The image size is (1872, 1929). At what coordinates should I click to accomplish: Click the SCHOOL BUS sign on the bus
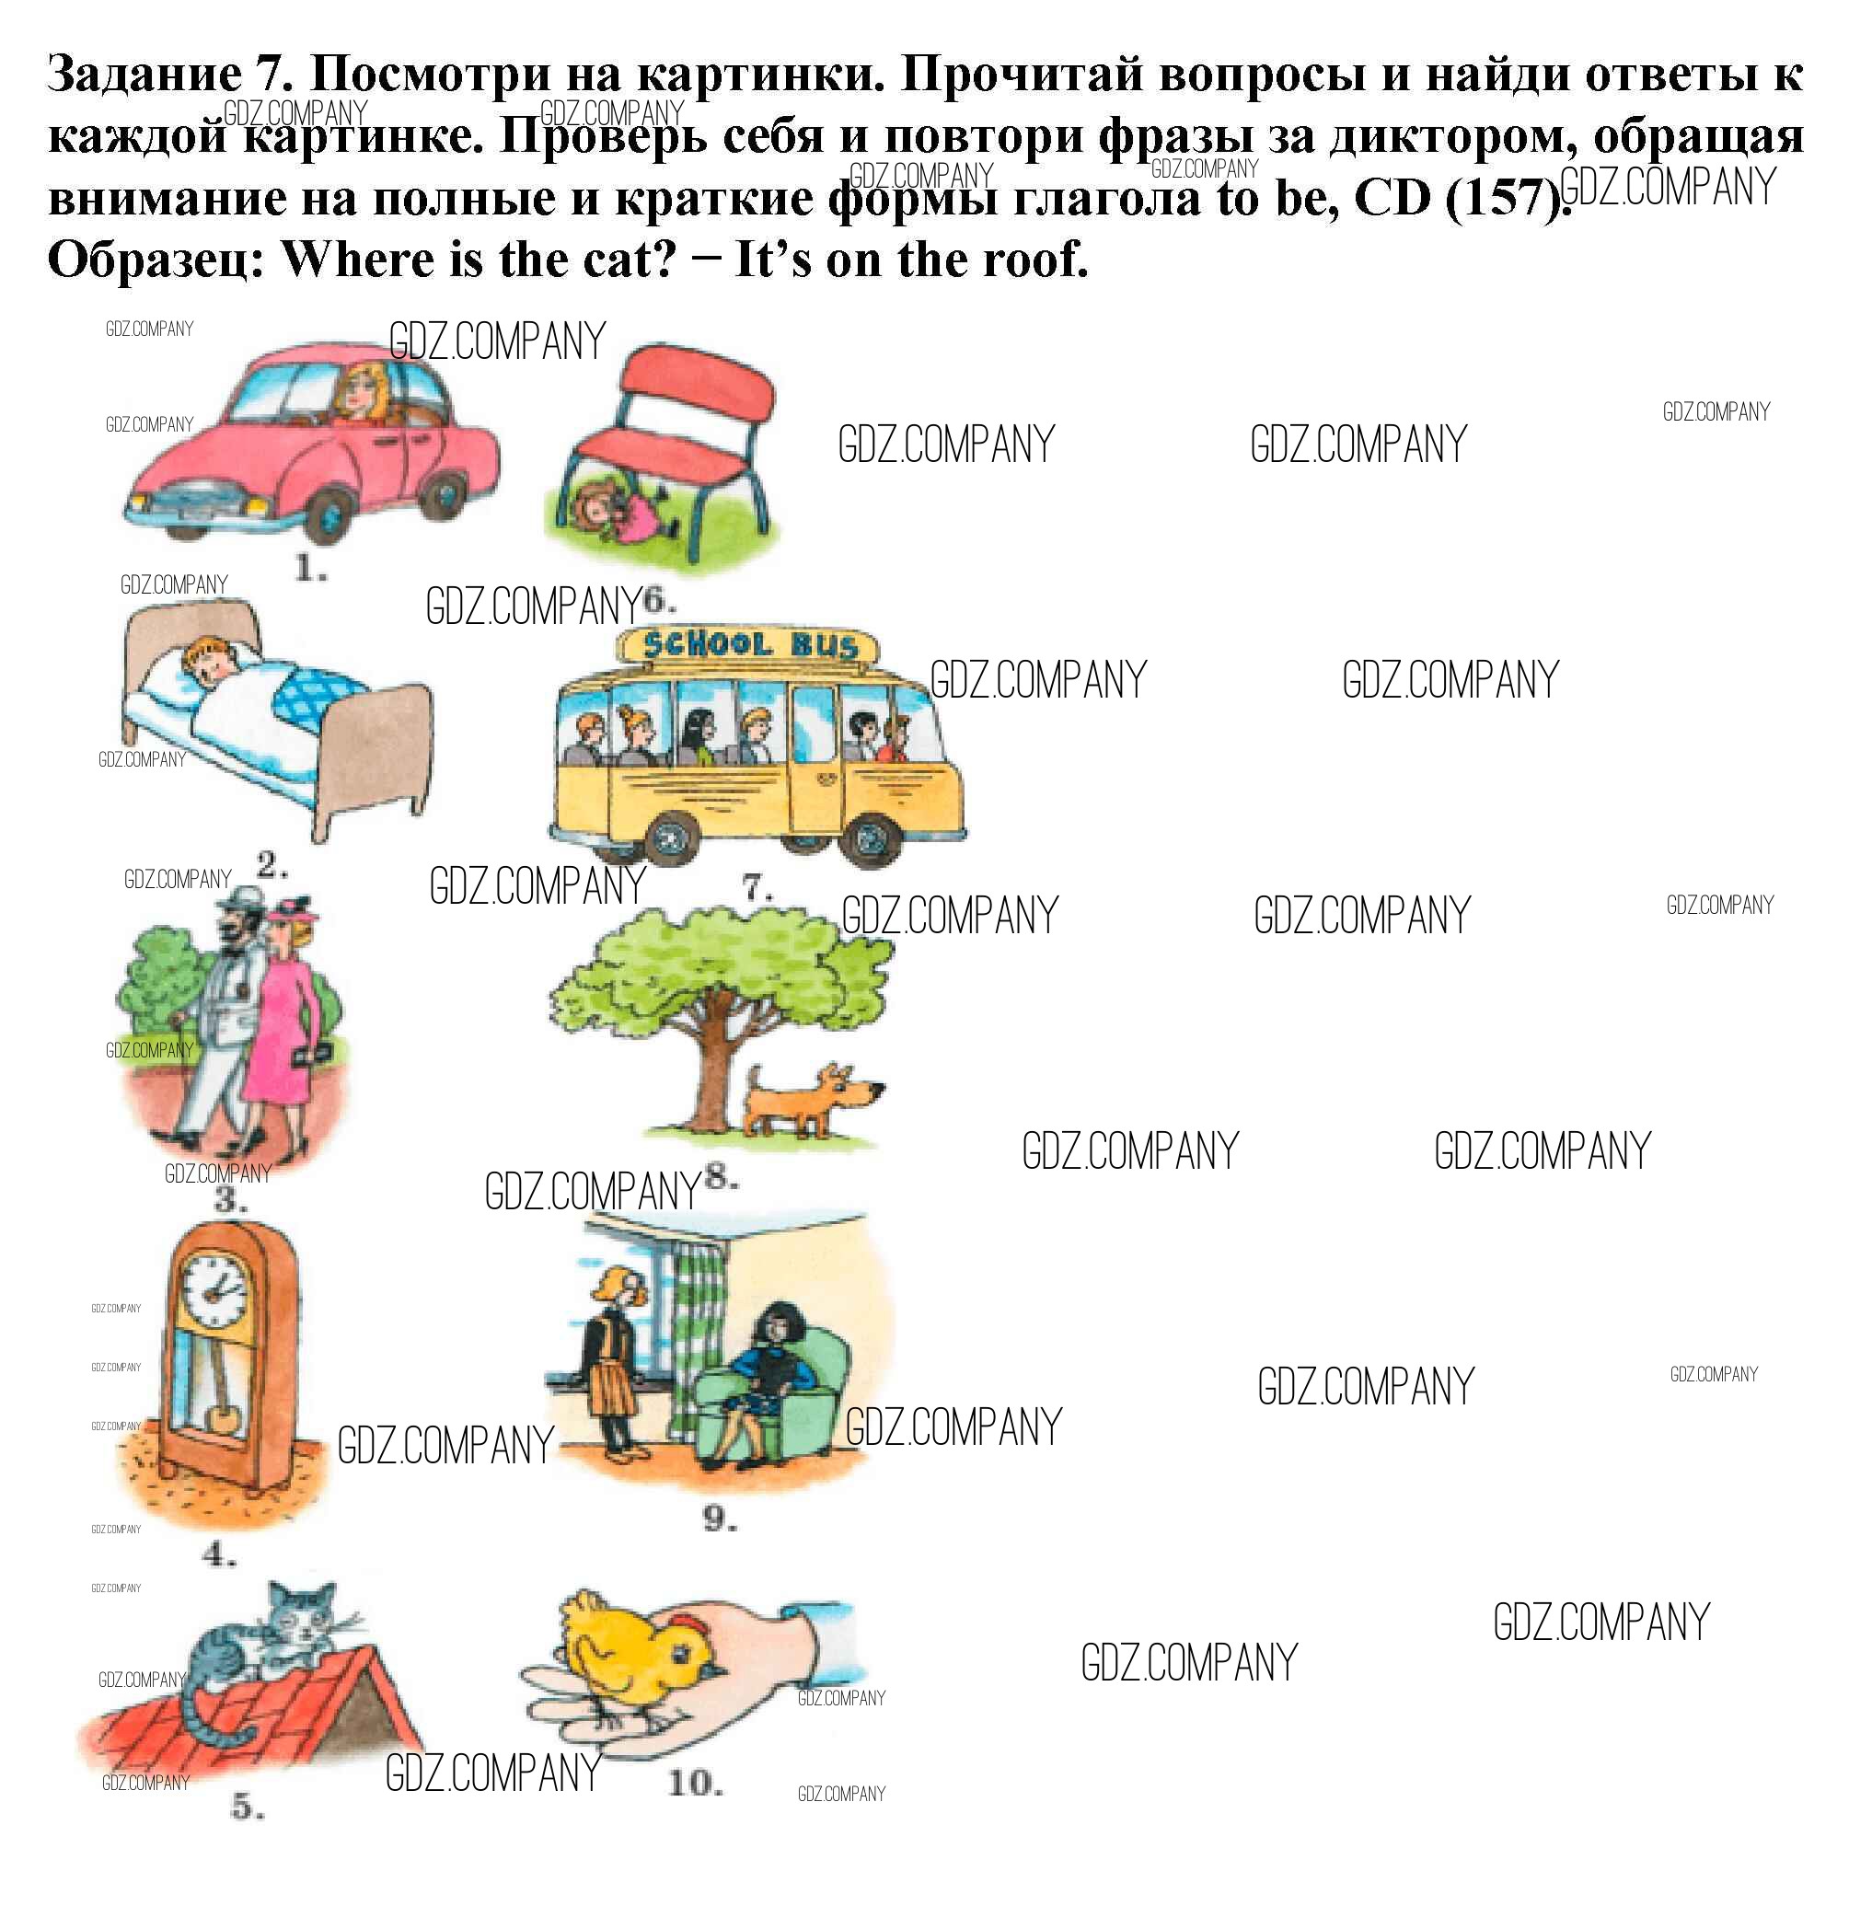pos(751,646)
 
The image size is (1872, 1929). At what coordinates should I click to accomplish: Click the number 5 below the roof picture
pos(247,1807)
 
